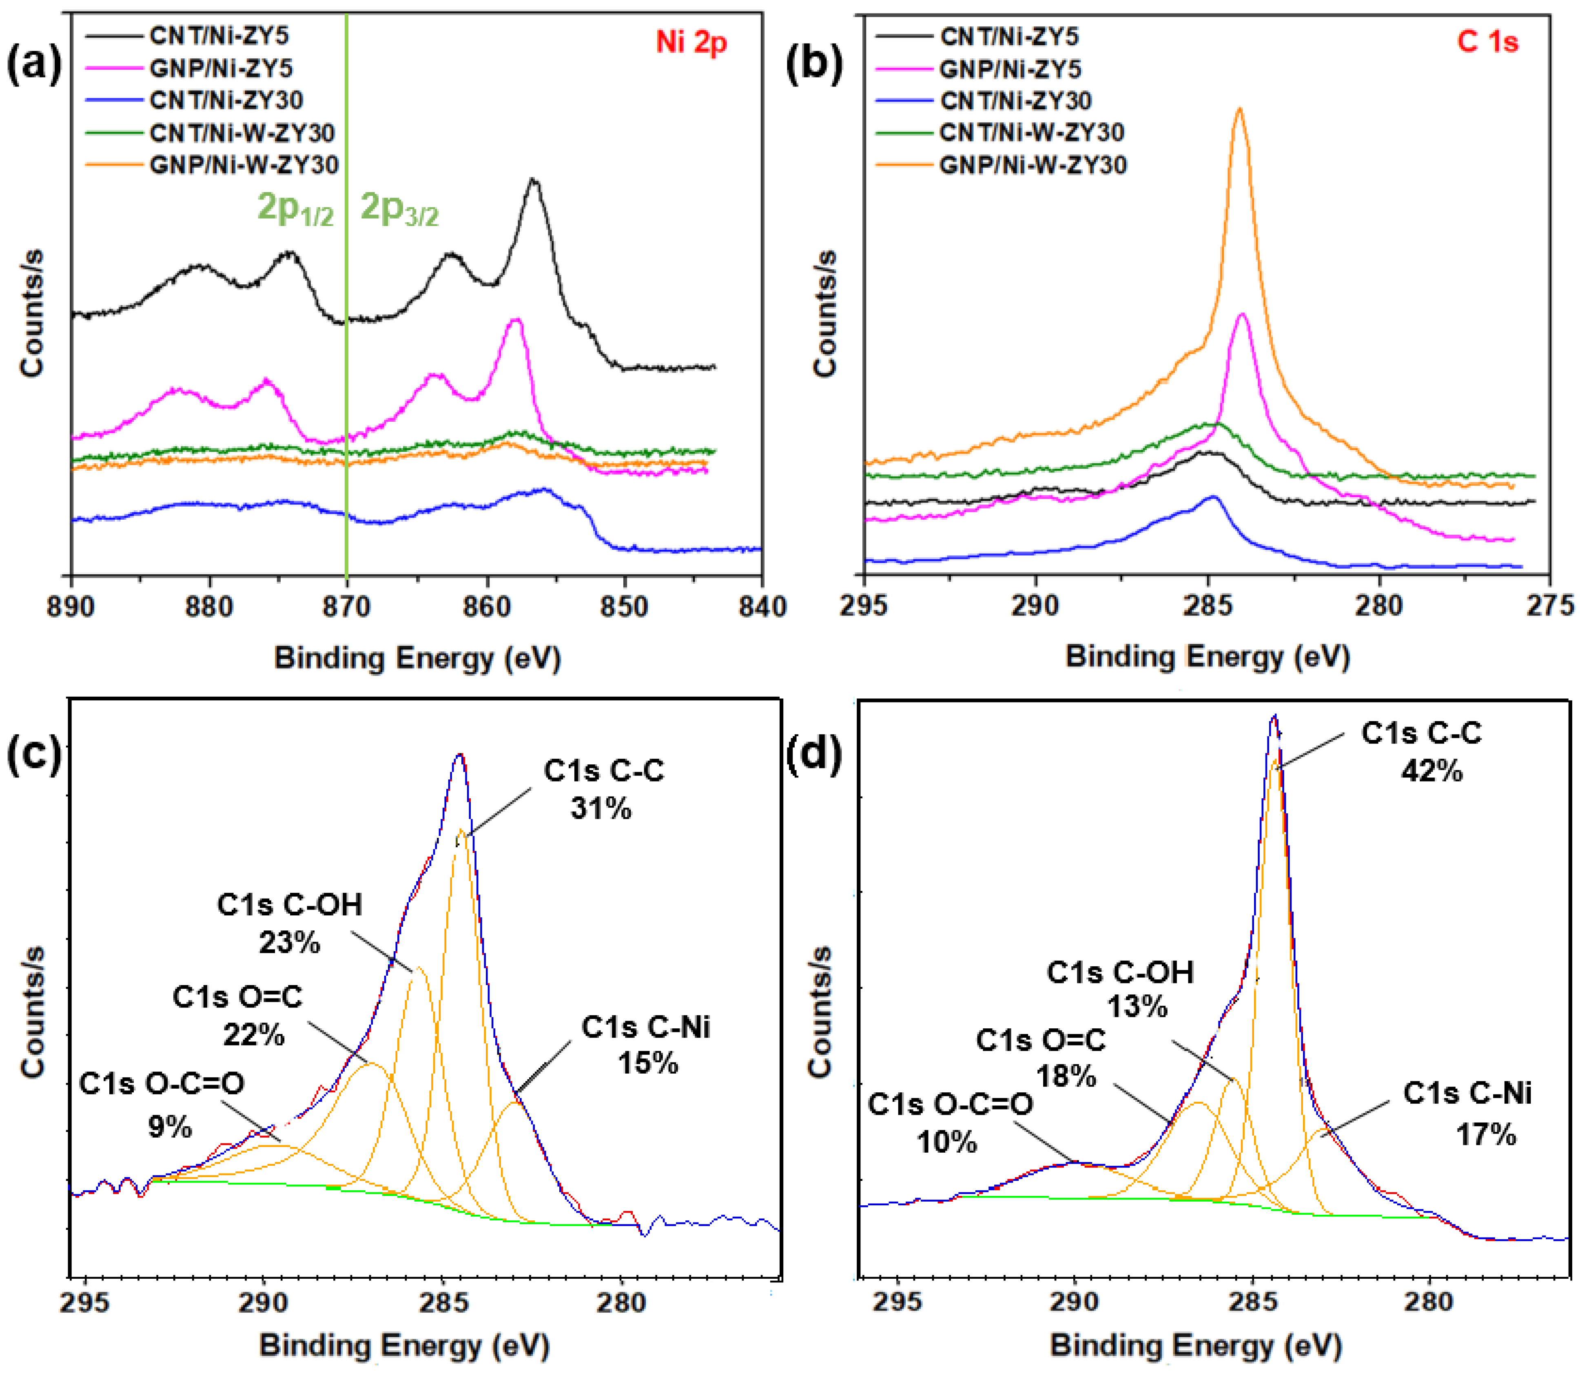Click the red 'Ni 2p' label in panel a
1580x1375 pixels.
(x=691, y=42)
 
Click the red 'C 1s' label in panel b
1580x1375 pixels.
(x=1487, y=42)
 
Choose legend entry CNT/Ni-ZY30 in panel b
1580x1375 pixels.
(x=1015, y=100)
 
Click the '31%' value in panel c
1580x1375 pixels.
(x=601, y=808)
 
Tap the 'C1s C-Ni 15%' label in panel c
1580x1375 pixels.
(x=646, y=1045)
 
